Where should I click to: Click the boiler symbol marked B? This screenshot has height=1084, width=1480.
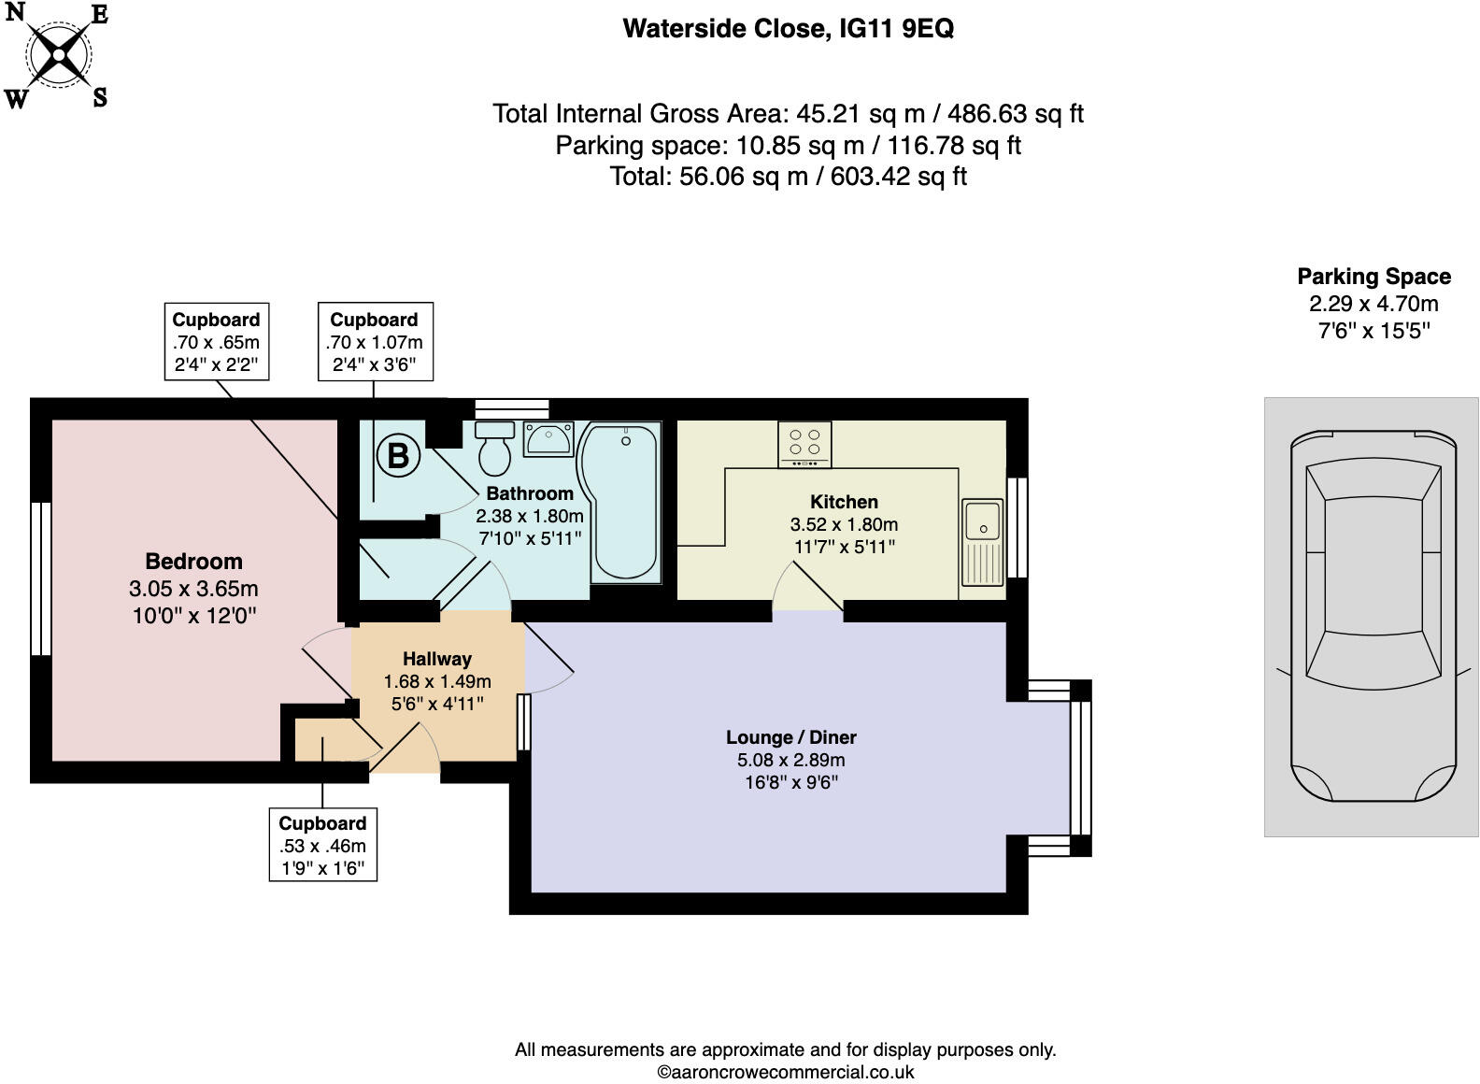pyautogui.click(x=398, y=456)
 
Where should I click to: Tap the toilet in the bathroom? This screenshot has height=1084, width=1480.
pyautogui.click(x=495, y=449)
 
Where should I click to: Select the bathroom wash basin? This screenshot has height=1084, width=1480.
pyautogui.click(x=548, y=438)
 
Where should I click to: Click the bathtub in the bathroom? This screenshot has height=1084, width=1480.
pyautogui.click(x=620, y=500)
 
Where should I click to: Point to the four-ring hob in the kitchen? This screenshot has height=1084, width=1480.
pyautogui.click(x=804, y=444)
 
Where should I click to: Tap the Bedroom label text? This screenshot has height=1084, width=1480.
pyautogui.click(x=193, y=562)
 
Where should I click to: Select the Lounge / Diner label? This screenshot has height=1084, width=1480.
pyautogui.click(x=791, y=737)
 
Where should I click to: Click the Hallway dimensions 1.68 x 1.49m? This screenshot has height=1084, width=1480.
pyautogui.click(x=437, y=681)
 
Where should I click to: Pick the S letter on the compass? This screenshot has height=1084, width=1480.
pyautogui.click(x=99, y=96)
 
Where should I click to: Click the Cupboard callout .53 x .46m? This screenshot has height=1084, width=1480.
pyautogui.click(x=322, y=846)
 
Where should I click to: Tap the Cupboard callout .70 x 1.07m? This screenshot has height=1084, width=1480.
pyautogui.click(x=374, y=342)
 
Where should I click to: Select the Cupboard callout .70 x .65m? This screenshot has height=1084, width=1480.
pyautogui.click(x=216, y=342)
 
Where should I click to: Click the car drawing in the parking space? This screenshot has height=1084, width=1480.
pyautogui.click(x=1373, y=617)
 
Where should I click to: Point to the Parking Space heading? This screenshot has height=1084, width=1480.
pyautogui.click(x=1373, y=277)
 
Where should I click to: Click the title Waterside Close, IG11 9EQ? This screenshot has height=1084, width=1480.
pyautogui.click(x=788, y=29)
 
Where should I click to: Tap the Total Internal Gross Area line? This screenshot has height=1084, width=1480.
pyautogui.click(x=788, y=114)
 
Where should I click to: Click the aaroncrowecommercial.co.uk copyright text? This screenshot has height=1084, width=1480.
pyautogui.click(x=786, y=1073)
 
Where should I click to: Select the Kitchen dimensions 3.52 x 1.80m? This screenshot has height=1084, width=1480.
pyautogui.click(x=844, y=524)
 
